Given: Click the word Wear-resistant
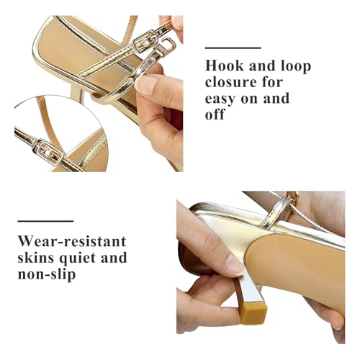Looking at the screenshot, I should [72, 240].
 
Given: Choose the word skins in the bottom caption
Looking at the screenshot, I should [38, 257].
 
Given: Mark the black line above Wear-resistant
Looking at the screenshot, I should [45, 220].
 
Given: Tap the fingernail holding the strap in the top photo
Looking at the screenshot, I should [146, 85].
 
